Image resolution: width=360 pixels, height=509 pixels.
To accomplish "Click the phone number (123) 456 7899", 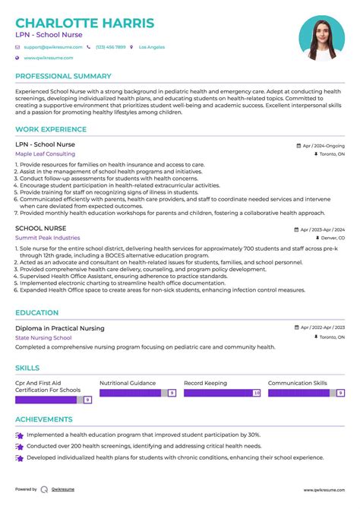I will [111, 47].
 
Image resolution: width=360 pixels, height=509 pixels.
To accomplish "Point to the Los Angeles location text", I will [151, 47].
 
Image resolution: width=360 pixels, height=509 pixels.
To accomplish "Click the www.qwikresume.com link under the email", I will [48, 58].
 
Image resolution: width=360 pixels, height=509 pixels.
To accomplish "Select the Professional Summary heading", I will [63, 77].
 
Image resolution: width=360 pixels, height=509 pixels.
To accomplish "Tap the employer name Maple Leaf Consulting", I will [45, 153].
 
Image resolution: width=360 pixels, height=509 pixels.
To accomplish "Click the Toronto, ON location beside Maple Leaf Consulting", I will [331, 153].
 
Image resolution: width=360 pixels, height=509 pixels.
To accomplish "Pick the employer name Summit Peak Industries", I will [48, 237].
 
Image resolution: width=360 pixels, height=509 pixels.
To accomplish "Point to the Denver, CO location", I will [331, 237].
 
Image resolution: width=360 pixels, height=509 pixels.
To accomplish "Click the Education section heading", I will [36, 312].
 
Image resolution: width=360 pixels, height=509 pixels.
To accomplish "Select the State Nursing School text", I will [43, 337].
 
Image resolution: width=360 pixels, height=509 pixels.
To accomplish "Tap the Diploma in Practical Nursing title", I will [60, 328].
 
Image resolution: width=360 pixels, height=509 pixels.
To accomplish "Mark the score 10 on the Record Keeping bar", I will [256, 393].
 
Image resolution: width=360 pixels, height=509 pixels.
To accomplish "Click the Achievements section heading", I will [44, 419].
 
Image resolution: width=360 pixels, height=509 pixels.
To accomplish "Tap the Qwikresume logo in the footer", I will [44, 489].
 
